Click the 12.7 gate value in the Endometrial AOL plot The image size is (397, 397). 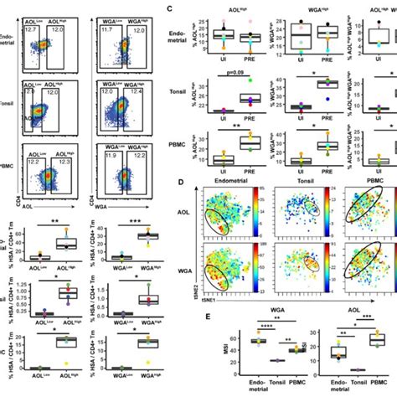point(31,29)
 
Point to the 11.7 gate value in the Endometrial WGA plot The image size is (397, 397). point(106,29)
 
